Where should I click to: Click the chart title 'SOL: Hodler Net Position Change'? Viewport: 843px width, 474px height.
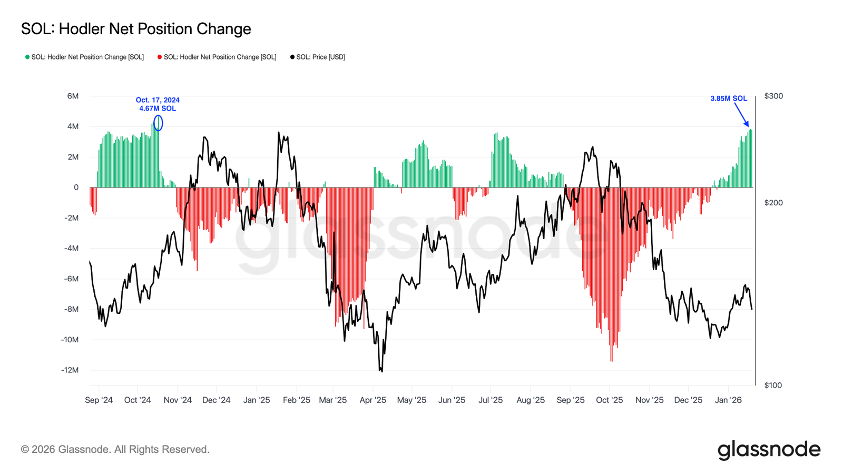tap(136, 29)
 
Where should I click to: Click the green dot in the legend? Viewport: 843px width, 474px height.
tap(27, 57)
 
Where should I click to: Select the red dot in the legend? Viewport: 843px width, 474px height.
tap(160, 57)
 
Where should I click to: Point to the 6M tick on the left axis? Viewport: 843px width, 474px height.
tap(73, 96)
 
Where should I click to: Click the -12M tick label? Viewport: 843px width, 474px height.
tap(70, 370)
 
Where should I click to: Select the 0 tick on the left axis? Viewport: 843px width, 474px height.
tap(76, 187)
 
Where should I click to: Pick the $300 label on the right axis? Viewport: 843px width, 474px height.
tap(773, 96)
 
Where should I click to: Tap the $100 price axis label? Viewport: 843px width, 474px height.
tap(773, 386)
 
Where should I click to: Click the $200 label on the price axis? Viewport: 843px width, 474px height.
tap(773, 203)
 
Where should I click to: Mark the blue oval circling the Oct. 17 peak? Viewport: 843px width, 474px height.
tap(158, 123)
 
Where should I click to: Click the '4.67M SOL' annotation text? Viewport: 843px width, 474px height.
tap(158, 108)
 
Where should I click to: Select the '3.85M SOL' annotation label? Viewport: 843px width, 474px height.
tap(729, 98)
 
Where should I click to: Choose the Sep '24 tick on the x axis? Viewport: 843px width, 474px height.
tap(99, 400)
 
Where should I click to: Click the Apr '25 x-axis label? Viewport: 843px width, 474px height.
tap(373, 400)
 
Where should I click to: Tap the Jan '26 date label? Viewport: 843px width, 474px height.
tap(728, 400)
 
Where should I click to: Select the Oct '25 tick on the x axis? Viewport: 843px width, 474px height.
tap(610, 400)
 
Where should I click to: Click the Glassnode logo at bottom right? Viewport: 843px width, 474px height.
tap(769, 450)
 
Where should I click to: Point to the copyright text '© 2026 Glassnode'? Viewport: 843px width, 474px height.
tap(115, 450)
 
